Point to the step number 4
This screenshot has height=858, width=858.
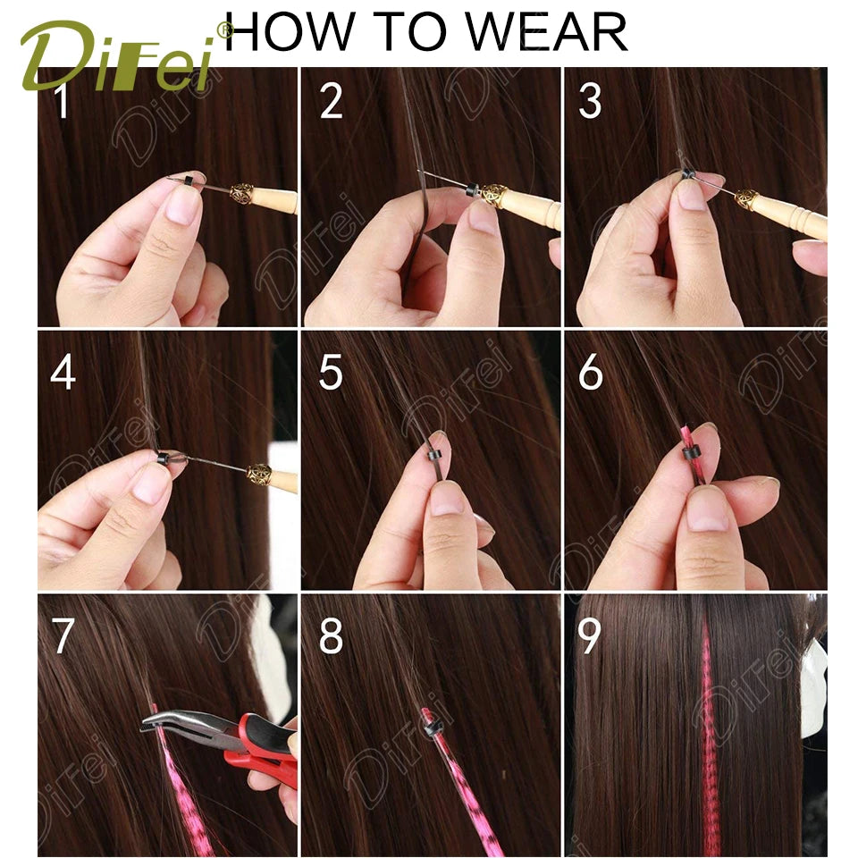coord(62,373)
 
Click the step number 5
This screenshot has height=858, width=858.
coord(331,373)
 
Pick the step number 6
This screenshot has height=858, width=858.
coord(590,373)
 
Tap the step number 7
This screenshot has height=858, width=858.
coord(63,637)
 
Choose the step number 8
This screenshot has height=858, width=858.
coord(331,637)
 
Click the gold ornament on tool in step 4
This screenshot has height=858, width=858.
coord(259,474)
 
